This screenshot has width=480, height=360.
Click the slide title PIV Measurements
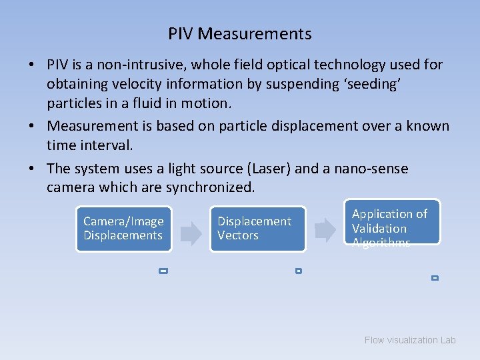(239, 33)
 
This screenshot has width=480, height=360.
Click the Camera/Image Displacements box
(123, 229)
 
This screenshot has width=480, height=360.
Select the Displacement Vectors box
(257, 229)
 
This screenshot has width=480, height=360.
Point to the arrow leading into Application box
(325, 229)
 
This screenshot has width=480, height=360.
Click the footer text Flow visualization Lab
(410, 340)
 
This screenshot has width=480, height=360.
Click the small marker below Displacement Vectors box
(298, 271)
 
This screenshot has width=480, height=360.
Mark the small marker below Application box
(435, 277)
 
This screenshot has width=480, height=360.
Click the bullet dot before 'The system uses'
(32, 169)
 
